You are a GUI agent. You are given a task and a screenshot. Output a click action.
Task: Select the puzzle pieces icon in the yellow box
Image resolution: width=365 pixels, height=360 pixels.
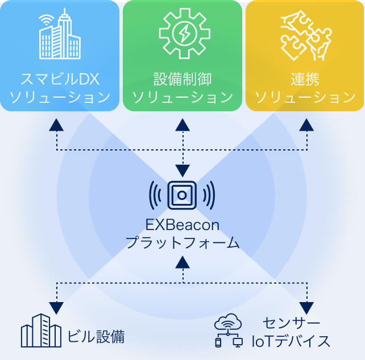click(305, 34)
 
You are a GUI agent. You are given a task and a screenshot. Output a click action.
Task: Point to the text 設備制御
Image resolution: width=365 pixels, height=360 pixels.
click(182, 78)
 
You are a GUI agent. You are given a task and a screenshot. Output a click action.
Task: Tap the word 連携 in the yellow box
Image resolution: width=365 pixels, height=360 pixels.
click(305, 78)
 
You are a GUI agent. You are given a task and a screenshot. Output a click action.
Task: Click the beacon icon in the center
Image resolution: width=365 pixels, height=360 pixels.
click(182, 195)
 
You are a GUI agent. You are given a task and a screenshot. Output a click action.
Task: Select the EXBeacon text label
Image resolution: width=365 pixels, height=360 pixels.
click(182, 225)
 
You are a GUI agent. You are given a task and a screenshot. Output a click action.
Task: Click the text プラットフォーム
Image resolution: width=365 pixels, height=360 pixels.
click(182, 244)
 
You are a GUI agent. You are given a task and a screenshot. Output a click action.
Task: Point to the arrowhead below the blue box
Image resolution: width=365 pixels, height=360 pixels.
click(56, 125)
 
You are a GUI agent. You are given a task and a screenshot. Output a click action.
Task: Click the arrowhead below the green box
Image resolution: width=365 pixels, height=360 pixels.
click(182, 125)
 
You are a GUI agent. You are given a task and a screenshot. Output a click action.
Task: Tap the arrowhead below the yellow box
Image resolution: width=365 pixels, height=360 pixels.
click(306, 125)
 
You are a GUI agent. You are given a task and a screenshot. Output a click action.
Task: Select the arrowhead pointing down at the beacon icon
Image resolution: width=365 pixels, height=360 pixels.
click(182, 170)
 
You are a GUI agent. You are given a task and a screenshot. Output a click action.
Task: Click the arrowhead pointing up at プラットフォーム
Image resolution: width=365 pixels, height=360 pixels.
click(182, 262)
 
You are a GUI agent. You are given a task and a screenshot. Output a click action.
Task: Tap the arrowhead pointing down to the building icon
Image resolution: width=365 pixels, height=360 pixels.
click(56, 307)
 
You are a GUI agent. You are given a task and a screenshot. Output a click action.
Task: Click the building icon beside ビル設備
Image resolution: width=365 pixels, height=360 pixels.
click(41, 330)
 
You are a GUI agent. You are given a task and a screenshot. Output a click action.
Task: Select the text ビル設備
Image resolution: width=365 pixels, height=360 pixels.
click(96, 336)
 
